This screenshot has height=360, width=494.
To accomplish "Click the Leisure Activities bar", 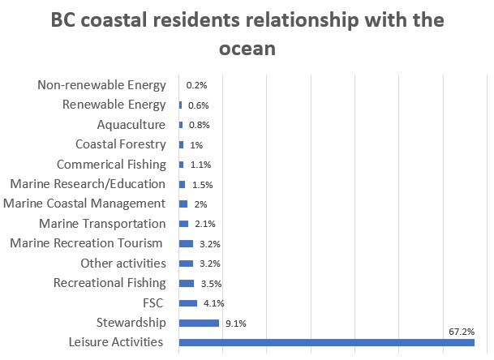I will click(x=326, y=343).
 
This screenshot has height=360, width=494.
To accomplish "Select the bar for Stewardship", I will click(x=199, y=323).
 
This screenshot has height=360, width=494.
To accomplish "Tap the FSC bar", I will click(x=187, y=303).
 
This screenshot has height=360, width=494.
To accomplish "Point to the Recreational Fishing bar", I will click(x=187, y=283).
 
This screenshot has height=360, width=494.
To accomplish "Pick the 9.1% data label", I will click(x=236, y=324).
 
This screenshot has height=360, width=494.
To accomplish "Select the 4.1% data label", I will click(x=213, y=303).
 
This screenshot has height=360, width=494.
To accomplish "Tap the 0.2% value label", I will click(x=197, y=85).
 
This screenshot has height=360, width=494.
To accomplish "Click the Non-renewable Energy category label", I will click(x=101, y=84).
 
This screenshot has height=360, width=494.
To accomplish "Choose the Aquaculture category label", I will click(x=131, y=124).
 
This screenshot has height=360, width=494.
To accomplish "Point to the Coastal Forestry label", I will click(x=120, y=144).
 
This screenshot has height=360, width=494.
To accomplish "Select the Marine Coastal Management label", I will click(x=84, y=204).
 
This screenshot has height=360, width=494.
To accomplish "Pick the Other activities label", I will click(x=123, y=263).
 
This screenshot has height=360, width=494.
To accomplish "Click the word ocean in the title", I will click(x=247, y=49).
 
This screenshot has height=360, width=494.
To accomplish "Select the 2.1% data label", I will click(x=204, y=224).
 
